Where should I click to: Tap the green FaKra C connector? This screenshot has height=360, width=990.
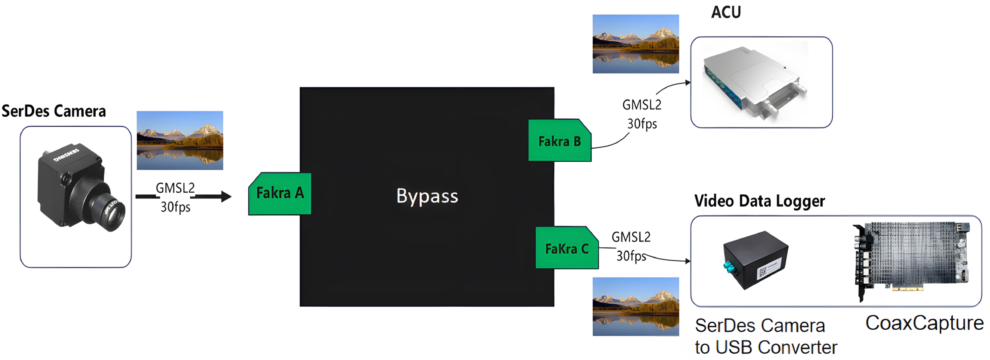point(566,248)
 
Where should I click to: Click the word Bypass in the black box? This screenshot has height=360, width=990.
point(427,196)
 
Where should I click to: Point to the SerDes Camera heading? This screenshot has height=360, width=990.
point(54,111)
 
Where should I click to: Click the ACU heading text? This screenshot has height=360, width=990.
point(726,12)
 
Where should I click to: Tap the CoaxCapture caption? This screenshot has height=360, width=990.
point(924,323)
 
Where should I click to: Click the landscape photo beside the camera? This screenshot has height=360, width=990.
point(180,140)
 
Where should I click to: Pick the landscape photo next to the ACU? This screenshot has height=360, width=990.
point(636,44)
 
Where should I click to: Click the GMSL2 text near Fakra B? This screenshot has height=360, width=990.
point(641,105)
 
